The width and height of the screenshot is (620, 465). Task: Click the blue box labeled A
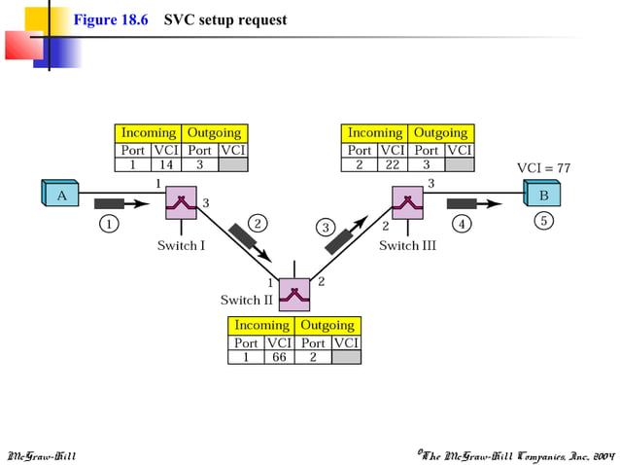pos(60,195)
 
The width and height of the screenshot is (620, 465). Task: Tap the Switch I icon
pos(181,202)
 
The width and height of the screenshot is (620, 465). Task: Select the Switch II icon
pos(293,290)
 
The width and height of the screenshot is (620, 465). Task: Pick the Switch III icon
pos(409,202)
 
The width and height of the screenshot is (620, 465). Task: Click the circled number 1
pos(110,224)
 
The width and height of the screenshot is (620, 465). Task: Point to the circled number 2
pos(258,223)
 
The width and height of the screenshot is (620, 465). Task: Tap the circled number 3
pos(327,228)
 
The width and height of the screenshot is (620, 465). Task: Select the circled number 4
pos(463,224)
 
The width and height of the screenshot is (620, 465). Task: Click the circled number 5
pos(543,221)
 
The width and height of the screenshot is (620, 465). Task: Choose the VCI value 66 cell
pos(279,357)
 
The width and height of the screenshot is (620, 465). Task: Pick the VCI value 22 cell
pos(393,165)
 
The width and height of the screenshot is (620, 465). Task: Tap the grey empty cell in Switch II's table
pos(345,357)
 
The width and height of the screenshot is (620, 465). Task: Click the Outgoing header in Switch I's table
pos(215,133)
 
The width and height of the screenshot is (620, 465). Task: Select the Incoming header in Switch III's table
pos(375,133)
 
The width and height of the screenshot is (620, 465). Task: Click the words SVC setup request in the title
pos(225,20)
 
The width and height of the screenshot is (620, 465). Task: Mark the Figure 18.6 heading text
pos(111,20)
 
